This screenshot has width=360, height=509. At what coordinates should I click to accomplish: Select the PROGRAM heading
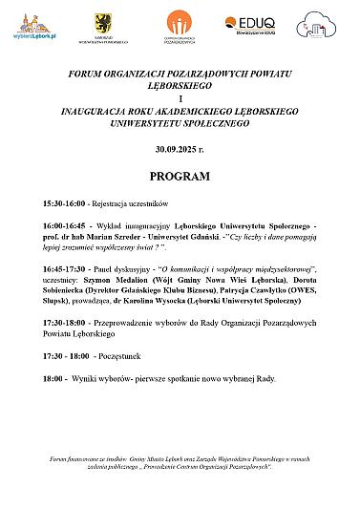[180, 178]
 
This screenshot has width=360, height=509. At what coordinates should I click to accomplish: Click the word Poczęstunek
[121, 356]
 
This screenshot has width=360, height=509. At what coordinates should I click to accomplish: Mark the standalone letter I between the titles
[180, 98]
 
